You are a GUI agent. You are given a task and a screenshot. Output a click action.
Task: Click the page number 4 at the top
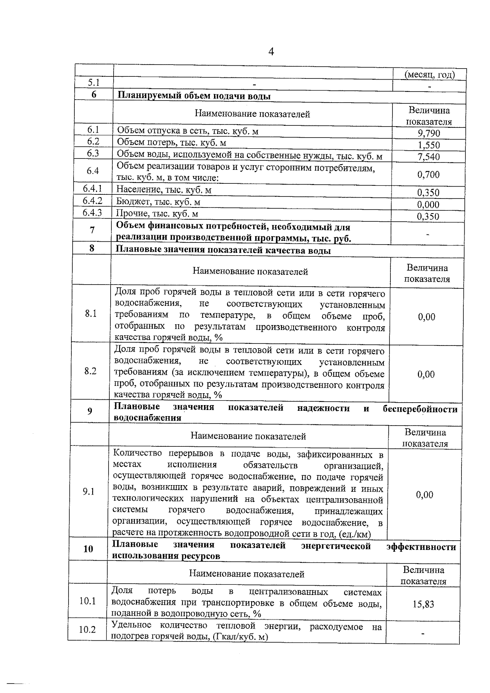[x=271, y=51]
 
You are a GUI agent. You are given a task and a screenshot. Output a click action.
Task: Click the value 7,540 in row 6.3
[x=429, y=157]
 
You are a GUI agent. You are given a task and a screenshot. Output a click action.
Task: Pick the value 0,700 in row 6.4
[x=428, y=175]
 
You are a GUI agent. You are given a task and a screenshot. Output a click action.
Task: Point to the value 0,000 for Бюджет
[x=428, y=205]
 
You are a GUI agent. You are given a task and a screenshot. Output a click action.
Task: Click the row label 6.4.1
[x=92, y=189]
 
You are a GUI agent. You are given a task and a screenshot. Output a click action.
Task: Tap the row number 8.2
[x=90, y=371]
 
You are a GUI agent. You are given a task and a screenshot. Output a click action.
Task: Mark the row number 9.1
[x=89, y=492]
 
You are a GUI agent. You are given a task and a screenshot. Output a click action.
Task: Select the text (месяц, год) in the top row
[x=430, y=75]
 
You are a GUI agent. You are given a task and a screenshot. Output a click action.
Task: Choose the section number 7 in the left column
[x=92, y=230]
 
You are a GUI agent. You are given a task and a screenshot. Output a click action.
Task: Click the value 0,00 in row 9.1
[x=425, y=495]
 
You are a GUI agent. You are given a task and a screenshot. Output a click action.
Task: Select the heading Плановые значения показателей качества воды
[x=223, y=250]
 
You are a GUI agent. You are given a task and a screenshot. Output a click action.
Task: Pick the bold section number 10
[x=88, y=549]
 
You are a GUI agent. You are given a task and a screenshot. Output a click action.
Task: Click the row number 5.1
[x=94, y=82]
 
